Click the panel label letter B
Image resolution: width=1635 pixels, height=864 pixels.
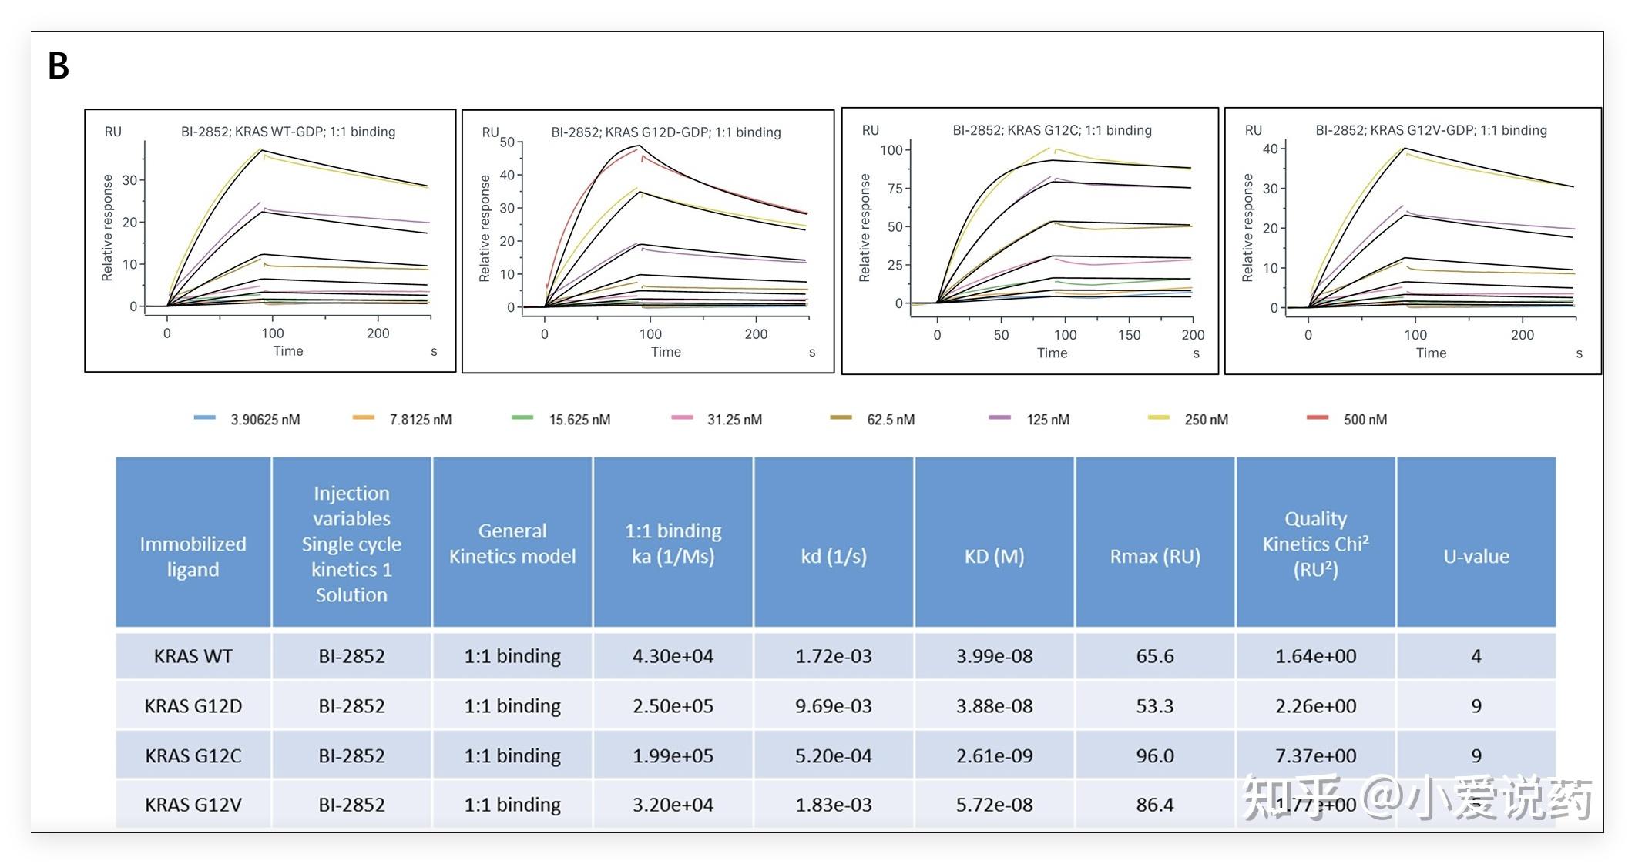click(x=59, y=66)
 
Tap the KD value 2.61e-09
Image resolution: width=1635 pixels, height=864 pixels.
click(x=994, y=755)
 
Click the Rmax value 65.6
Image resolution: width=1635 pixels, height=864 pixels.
click(x=1154, y=656)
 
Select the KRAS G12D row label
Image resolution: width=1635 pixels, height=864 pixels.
click(x=193, y=706)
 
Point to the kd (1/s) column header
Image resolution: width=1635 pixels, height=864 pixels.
click(x=834, y=556)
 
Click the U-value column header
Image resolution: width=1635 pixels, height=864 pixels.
click(x=1476, y=556)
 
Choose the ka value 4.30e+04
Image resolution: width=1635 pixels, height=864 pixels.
click(x=673, y=656)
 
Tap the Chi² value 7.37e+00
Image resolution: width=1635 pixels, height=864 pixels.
click(x=1315, y=755)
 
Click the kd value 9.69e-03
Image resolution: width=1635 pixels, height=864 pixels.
click(x=834, y=706)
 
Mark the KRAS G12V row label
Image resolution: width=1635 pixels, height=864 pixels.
click(x=193, y=805)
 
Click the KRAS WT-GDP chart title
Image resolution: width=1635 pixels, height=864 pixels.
click(x=288, y=132)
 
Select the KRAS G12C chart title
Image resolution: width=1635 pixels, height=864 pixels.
click(x=1052, y=130)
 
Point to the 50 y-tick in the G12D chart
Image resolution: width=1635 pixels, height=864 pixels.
click(x=507, y=142)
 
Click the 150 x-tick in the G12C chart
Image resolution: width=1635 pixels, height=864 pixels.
click(x=1129, y=335)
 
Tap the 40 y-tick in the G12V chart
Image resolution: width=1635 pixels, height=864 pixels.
click(x=1270, y=149)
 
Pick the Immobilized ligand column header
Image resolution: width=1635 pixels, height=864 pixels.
click(x=193, y=556)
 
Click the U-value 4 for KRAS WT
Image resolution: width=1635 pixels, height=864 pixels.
click(x=1476, y=656)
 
